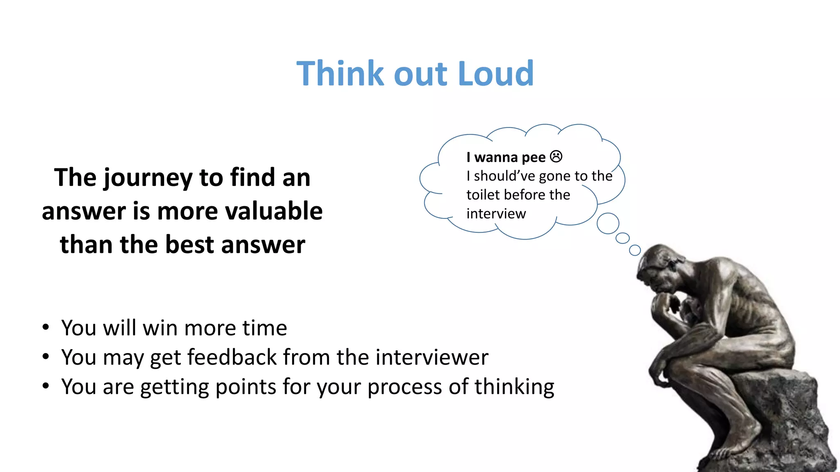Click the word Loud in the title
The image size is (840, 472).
[495, 74]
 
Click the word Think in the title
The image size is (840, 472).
[340, 74]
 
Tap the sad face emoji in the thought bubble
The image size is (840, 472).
[556, 157]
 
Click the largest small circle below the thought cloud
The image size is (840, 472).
[608, 223]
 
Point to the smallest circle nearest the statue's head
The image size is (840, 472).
[635, 250]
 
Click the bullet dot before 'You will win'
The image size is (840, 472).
[46, 327]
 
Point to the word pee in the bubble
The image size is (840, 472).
[533, 158]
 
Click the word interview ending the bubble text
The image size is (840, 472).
[496, 214]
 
